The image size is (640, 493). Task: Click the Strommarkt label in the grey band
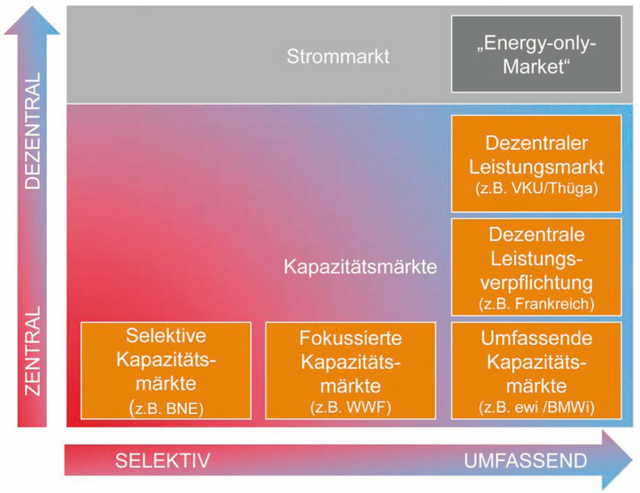[338, 57]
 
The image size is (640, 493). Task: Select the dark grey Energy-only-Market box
[536, 54]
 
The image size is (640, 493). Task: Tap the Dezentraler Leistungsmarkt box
[536, 164]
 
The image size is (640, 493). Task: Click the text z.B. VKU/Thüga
[536, 188]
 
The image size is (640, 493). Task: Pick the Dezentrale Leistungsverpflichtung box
[536, 267]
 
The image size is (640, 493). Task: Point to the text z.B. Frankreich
[536, 304]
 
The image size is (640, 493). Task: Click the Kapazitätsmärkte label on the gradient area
[361, 267]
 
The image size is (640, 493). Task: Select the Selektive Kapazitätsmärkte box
[166, 371]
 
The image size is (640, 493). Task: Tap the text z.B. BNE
[166, 408]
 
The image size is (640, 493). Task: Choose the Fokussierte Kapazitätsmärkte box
[351, 371]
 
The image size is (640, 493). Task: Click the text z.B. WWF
[351, 408]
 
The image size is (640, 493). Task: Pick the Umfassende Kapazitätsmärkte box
[536, 371]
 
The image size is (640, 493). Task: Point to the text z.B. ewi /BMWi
[536, 408]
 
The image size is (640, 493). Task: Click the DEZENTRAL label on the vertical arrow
[33, 131]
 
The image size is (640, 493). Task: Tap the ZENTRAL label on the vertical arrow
[33, 351]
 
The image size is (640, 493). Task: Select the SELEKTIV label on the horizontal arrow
[163, 461]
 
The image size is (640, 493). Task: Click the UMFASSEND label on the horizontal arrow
[525, 461]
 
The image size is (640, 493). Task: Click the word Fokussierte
[351, 339]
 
